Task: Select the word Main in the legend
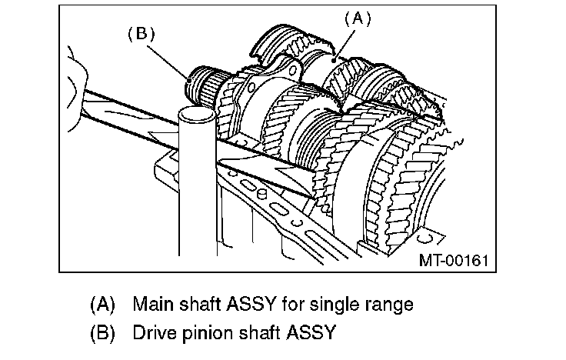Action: [151, 304]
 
